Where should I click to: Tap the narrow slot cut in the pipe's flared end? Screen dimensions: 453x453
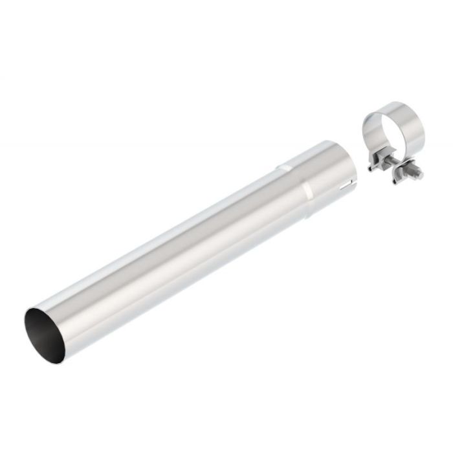351,177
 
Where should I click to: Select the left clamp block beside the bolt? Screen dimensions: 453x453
375,161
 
